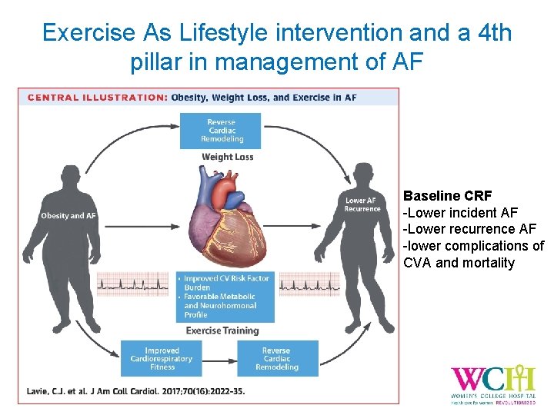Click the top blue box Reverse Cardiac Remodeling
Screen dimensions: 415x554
[x=221, y=131]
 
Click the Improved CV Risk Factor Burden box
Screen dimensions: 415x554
[x=225, y=297]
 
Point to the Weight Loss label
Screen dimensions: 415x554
[x=227, y=158]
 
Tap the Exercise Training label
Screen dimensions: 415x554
[x=222, y=331]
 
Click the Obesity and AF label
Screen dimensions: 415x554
[x=68, y=216]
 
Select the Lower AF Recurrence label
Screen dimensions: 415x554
[x=362, y=204]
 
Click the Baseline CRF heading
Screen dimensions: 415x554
[x=447, y=195]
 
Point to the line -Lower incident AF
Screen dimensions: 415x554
[x=461, y=212]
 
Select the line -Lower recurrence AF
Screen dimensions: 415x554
[x=469, y=229]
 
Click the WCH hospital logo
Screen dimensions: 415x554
[x=492, y=382]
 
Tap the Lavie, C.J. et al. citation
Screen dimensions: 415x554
[x=135, y=391]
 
